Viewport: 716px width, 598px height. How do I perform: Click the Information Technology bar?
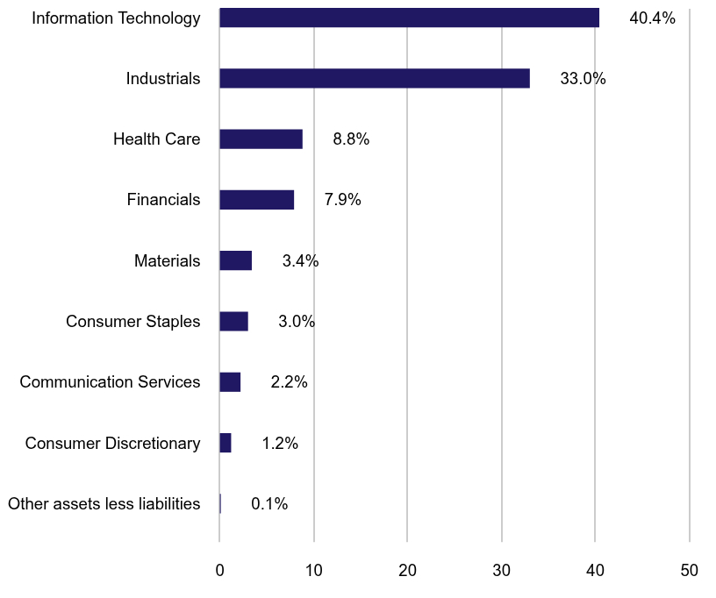(x=409, y=18)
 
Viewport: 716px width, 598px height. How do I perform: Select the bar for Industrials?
(x=375, y=78)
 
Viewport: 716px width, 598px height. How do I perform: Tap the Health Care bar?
(x=261, y=139)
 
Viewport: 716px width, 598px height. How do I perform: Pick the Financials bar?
(x=256, y=200)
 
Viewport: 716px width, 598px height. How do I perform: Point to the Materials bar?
(x=235, y=260)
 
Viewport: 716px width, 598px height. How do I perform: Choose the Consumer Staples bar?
(x=233, y=321)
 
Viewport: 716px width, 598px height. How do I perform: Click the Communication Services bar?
(x=230, y=381)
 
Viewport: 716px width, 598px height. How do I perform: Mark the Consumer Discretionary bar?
(x=226, y=443)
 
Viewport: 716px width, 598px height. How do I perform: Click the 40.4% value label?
(x=652, y=18)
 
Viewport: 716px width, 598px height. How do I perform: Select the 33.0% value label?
(x=583, y=78)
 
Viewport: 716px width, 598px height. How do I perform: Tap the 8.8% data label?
(x=351, y=139)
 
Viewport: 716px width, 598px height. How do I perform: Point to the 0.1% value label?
(x=269, y=504)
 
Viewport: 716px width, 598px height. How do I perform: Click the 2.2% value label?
(x=289, y=382)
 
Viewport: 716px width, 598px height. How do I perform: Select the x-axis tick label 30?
(x=502, y=570)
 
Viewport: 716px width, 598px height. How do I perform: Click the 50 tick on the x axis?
(x=690, y=570)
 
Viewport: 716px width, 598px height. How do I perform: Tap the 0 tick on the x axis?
(x=220, y=570)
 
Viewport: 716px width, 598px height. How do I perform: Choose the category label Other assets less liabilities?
(x=104, y=504)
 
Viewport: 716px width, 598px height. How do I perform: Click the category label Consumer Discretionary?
(x=112, y=444)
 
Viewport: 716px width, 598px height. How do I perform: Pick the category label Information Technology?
(x=116, y=18)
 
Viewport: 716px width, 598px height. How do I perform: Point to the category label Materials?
(x=167, y=260)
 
